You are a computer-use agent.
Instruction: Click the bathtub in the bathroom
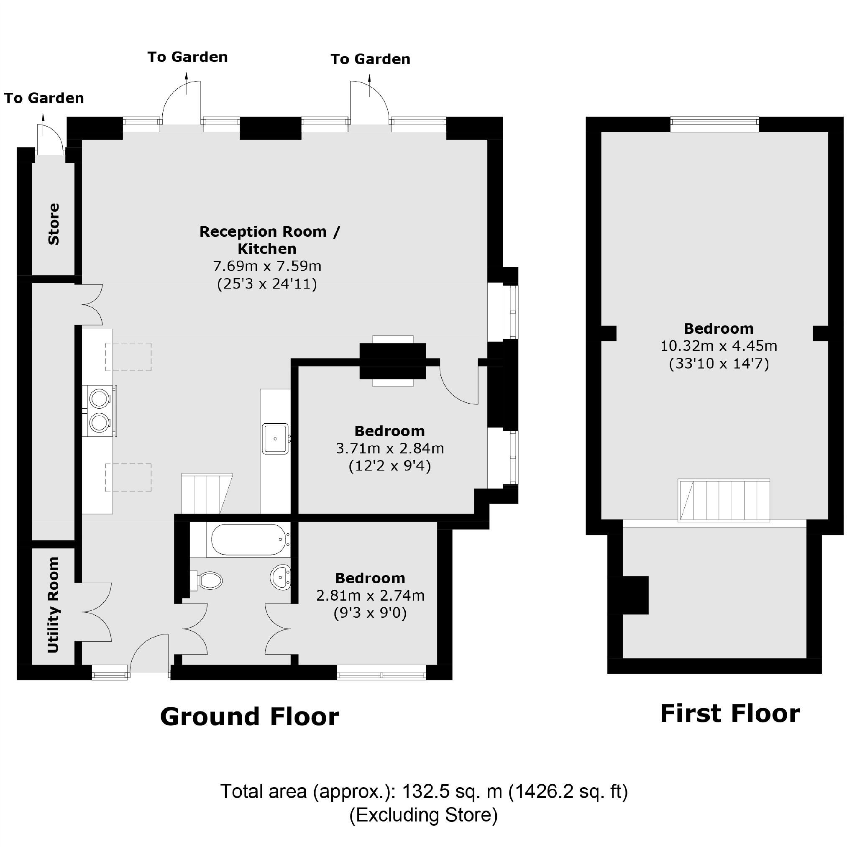(248, 540)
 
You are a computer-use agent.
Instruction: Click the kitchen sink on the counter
(275, 438)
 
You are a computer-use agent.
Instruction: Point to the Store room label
(54, 224)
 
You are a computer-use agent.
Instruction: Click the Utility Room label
(53, 604)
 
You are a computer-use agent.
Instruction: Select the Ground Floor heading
(249, 717)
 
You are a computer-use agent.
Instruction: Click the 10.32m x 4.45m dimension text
(719, 346)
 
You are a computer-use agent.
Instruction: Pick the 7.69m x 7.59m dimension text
(267, 266)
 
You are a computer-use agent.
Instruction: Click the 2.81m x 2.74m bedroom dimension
(370, 595)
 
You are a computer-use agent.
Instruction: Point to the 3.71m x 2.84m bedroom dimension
(390, 448)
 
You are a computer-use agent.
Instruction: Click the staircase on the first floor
(723, 500)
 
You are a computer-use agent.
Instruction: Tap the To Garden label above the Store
(44, 98)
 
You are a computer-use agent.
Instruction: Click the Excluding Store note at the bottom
(423, 814)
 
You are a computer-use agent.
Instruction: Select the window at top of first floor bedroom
(714, 124)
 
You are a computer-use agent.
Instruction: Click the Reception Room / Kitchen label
(269, 240)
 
